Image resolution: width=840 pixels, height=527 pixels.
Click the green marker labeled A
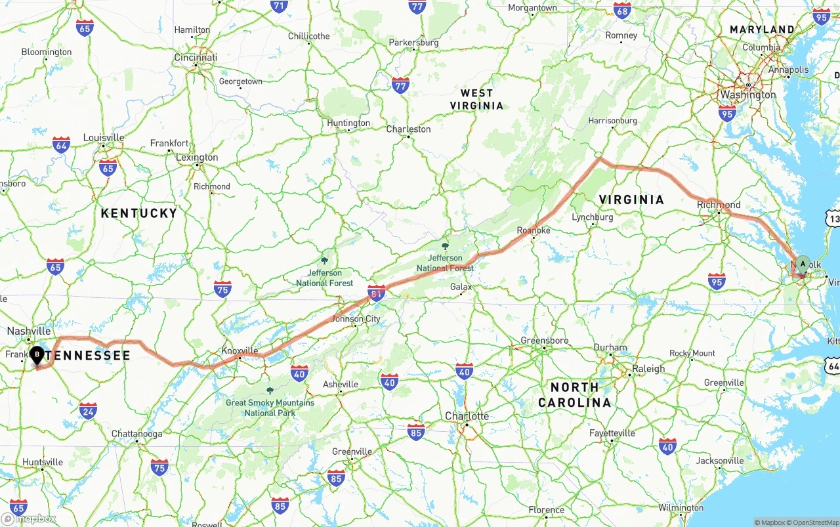tap(803, 265)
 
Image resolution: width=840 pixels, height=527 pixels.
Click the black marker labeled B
tap(37, 355)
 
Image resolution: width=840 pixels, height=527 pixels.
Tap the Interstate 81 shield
tap(376, 293)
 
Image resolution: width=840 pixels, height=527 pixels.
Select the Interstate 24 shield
tap(88, 411)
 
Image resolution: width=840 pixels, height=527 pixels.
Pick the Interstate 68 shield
tap(622, 10)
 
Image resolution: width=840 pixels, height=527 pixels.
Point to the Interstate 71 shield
tap(279, 7)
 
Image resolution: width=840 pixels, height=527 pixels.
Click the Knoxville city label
tap(240, 350)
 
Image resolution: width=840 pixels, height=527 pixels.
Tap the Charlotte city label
tap(467, 416)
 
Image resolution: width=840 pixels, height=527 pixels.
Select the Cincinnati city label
tap(196, 58)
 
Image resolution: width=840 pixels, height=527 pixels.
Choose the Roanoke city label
tap(534, 230)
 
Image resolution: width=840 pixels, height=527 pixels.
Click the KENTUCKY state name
tap(139, 213)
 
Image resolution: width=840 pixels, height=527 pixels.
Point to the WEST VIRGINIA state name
tap(476, 99)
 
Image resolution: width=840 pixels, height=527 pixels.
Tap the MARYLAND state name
tap(762, 30)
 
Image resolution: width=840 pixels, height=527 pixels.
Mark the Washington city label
tap(748, 95)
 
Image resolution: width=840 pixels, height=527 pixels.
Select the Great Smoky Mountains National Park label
tap(270, 408)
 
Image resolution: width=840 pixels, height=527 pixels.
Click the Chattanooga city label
tap(136, 434)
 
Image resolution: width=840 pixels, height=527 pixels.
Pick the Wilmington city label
tap(681, 507)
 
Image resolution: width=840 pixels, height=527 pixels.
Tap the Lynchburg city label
tap(592, 217)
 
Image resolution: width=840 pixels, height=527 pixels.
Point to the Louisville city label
tap(104, 138)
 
